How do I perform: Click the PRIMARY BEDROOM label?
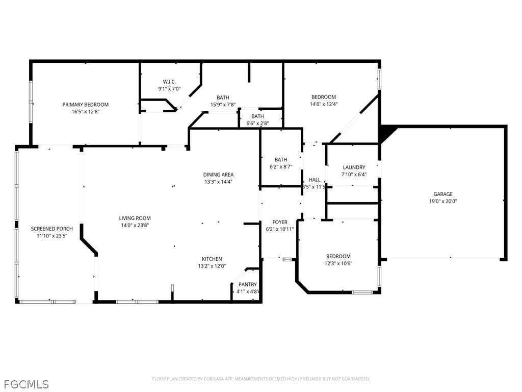click(85, 105)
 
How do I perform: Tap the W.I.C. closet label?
click(169, 82)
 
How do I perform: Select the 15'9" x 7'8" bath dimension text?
click(223, 105)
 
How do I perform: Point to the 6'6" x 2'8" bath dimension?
click(257, 123)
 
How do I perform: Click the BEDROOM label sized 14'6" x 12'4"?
click(324, 97)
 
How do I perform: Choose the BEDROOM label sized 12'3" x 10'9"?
click(338, 256)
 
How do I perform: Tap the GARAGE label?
click(443, 194)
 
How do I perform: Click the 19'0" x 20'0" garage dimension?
click(443, 201)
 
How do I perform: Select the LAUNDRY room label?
click(354, 167)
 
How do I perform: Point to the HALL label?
click(315, 180)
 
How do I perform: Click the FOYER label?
click(280, 222)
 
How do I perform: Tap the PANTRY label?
click(248, 284)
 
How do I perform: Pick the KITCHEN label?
click(212, 259)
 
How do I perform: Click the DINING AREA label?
click(218, 175)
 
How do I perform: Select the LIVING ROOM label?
click(135, 218)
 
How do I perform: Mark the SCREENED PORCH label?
click(52, 229)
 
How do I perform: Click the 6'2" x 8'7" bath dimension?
click(281, 166)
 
